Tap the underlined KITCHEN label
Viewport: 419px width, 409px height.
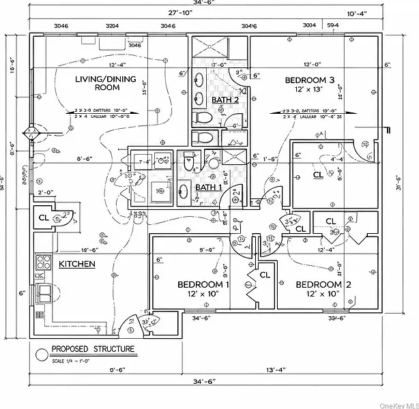pos(76,264)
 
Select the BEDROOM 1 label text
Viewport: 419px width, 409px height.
pos(203,284)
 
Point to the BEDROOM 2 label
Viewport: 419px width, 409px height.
pos(323,284)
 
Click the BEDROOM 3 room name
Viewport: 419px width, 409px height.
pos(309,80)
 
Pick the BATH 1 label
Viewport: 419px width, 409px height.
pos(209,187)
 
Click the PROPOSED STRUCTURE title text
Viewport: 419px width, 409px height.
pos(93,350)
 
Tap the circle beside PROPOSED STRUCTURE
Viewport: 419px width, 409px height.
pos(41,353)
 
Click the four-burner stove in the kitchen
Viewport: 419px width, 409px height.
pos(44,262)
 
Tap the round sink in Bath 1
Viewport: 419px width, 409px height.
pos(212,164)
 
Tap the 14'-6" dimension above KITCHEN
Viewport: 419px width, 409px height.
pos(89,250)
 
